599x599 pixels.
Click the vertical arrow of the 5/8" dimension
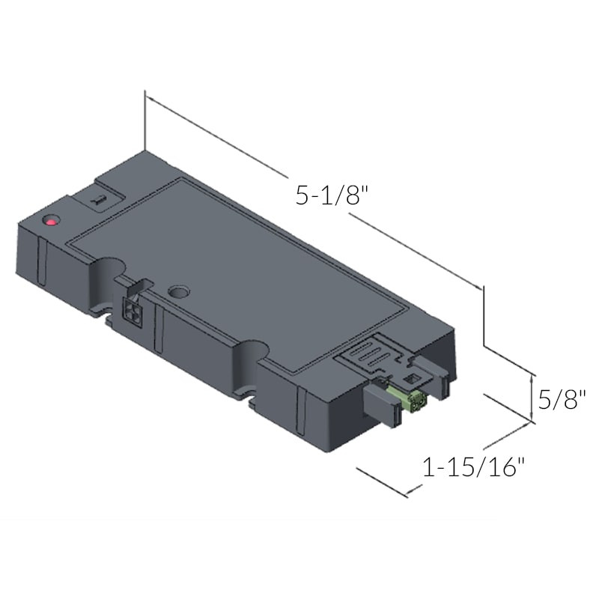[x=533, y=397]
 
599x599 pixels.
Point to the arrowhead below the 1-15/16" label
[x=410, y=493]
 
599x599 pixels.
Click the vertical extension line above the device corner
[x=145, y=120]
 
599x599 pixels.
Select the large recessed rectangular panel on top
[x=240, y=277]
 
